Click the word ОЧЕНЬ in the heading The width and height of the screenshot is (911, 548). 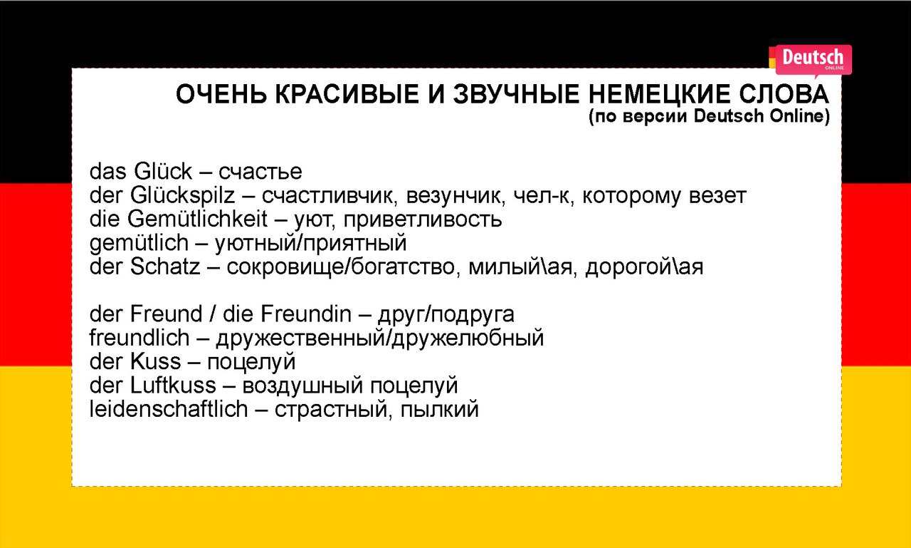point(221,95)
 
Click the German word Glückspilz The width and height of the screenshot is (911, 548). point(183,196)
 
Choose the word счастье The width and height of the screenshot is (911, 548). point(260,172)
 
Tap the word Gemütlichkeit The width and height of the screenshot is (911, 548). point(198,219)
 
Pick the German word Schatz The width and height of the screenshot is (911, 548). point(165,267)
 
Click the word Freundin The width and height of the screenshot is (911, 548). point(306,314)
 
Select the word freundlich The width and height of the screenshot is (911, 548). point(139,338)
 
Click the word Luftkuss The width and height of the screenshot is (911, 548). point(173,385)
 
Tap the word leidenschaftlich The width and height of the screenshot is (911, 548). point(169,409)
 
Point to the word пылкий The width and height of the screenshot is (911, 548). point(440,410)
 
